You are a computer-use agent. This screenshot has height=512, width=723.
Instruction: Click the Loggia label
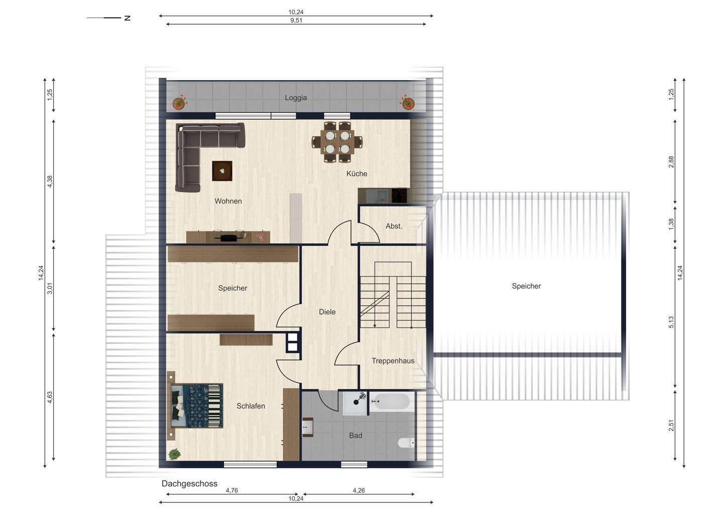tap(296, 97)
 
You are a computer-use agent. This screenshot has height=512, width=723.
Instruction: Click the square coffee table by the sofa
tap(222, 171)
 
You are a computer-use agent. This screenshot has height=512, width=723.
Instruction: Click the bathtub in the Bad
tap(392, 401)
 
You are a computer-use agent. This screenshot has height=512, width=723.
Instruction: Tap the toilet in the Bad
tap(406, 443)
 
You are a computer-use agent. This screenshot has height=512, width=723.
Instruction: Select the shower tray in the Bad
tap(356, 403)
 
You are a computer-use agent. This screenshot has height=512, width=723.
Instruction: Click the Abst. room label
tap(394, 226)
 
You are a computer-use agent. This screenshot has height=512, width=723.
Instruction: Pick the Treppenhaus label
tap(393, 361)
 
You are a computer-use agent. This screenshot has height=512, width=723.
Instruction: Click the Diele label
tap(327, 312)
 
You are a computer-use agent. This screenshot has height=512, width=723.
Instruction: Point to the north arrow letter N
tap(128, 18)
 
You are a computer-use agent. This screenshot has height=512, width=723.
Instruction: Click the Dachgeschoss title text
tap(189, 483)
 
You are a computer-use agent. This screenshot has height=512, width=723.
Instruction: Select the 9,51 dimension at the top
tap(296, 21)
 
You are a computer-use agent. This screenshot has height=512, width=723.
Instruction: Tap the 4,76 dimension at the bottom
tap(232, 490)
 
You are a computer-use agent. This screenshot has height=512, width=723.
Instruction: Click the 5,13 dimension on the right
tap(671, 323)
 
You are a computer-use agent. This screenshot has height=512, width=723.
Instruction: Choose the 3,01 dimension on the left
tap(50, 289)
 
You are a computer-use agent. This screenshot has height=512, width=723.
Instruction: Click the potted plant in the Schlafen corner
tap(174, 454)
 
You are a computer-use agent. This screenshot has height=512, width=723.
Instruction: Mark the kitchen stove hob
tap(400, 195)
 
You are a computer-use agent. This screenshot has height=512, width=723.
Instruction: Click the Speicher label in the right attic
tap(526, 286)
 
